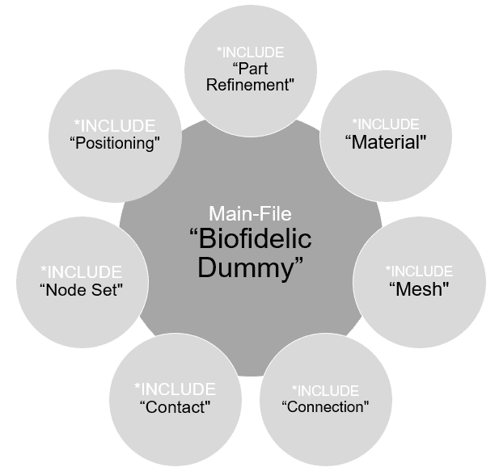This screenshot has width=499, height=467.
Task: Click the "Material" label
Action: click(386, 142)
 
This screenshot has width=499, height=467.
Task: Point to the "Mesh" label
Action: click(419, 289)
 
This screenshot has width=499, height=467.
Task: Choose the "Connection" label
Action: click(326, 406)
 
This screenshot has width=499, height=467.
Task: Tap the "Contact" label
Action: click(175, 406)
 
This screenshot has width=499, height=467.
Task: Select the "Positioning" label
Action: click(114, 144)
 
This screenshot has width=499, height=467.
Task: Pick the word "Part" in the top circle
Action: click(252, 69)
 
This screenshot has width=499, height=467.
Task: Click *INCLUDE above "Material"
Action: click(386, 124)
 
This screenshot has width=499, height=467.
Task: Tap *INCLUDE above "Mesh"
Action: click(419, 271)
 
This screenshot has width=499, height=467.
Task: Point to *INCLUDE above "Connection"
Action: click(325, 390)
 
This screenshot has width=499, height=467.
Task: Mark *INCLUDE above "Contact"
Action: click(175, 389)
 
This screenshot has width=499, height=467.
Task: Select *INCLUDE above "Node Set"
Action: click(81, 271)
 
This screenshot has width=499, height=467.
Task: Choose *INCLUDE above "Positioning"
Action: click(114, 126)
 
